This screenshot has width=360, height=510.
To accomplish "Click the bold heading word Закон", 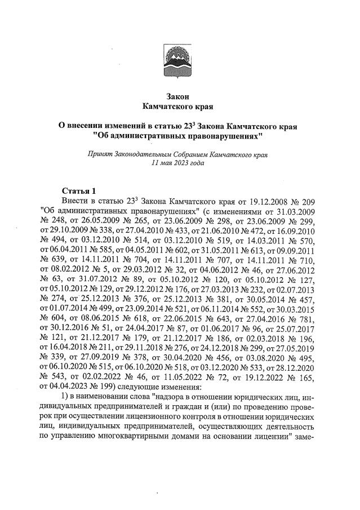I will click(179, 96).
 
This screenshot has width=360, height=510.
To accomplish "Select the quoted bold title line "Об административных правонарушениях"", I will click(179, 136).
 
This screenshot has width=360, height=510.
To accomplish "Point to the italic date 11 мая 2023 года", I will click(179, 163).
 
